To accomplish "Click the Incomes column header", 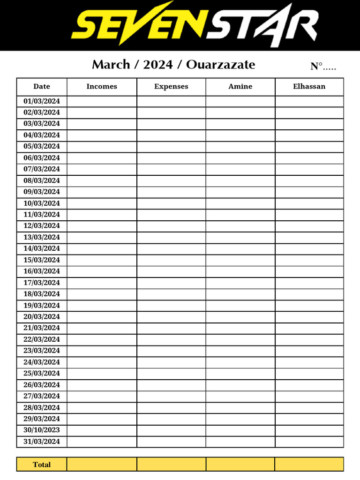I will coord(102,87).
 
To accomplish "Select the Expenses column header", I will coord(171,87).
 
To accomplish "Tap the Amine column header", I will coord(240,87).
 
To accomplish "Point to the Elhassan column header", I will coord(309,87).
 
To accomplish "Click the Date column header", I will coord(42,87).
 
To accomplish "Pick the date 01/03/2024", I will coord(42,101).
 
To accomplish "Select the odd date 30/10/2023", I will coord(42,430).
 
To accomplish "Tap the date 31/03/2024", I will coord(42,442).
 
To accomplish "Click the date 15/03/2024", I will coord(42,260).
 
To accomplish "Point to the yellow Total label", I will coord(42,465).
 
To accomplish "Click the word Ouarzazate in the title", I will coord(220,65).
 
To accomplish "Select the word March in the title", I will coord(111,65).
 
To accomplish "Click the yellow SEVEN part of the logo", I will coord(138,24).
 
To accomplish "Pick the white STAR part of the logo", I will coord(262,24).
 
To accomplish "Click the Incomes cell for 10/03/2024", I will coord(102,203).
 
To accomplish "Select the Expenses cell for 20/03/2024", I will coord(171,317).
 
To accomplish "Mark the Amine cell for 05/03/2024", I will coord(240,147).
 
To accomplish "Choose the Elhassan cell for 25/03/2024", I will coord(309,374).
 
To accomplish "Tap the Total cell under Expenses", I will coord(171,465).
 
